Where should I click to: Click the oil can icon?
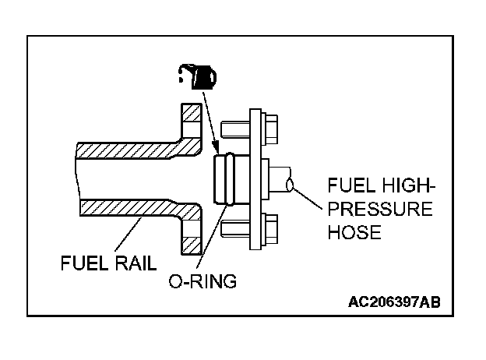198,77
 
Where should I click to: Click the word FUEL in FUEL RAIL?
83,263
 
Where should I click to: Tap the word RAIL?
136,263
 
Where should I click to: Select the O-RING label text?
202,281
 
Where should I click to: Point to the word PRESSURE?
380,209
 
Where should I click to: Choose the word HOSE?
354,232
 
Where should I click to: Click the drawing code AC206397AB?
394,302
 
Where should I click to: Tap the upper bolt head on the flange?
269,129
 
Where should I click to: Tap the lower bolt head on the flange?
269,229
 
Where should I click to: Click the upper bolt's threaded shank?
235,129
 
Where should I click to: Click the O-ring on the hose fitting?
230,179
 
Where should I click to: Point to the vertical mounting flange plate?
255,179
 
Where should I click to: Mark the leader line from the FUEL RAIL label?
128,235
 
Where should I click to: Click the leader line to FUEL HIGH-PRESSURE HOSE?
308,199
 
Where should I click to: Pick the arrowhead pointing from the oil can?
216,147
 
